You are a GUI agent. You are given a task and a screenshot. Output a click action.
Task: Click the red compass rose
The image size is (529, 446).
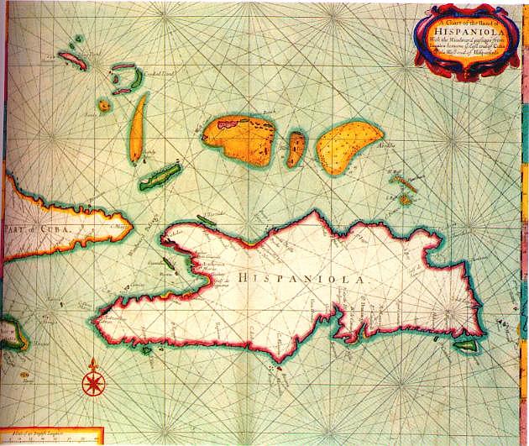(92, 383)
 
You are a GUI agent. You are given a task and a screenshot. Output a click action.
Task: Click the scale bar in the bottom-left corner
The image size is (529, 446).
(50, 438)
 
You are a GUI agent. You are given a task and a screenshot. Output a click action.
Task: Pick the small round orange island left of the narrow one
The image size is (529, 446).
(104, 106)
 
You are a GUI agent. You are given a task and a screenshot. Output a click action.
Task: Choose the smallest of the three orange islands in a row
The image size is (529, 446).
(296, 148)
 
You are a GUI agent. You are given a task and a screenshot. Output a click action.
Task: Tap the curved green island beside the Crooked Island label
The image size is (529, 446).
(128, 79)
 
